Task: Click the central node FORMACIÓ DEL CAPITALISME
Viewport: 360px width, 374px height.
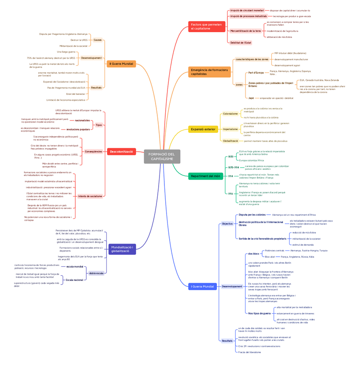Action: coord(162,157)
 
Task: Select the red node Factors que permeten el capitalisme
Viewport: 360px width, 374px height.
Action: coord(206,26)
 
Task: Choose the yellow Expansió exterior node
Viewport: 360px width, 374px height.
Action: coord(203,129)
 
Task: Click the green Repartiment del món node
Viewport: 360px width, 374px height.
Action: coord(205,176)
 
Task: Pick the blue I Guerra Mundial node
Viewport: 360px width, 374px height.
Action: coord(203,286)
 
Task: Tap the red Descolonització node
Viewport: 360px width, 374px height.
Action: coord(121,151)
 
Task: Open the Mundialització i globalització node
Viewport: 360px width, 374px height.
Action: coord(122,249)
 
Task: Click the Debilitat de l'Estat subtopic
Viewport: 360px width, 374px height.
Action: coord(241,43)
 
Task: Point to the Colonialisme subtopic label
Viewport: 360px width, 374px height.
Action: coord(230,114)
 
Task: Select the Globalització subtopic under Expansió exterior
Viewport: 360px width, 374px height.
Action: coord(230,141)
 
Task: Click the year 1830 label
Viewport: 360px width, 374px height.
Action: coord(230,157)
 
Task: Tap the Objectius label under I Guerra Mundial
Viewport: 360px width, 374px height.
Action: coord(227,224)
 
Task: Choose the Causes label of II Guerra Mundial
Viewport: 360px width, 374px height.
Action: coord(97,40)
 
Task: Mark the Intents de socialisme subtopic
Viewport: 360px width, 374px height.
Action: coord(90,196)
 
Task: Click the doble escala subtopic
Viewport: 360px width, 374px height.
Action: coord(96,273)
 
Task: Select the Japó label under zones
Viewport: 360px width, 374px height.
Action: coord(251,98)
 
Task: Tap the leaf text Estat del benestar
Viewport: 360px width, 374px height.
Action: coord(75,94)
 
